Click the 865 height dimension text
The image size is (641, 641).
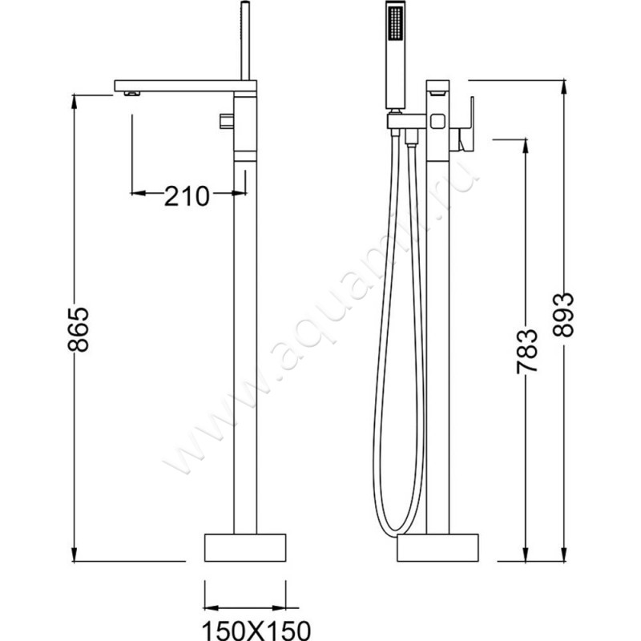coord(78,329)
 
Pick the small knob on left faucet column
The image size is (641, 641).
coord(226,122)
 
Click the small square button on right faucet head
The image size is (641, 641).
coord(437,123)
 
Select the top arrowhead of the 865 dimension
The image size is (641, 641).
coord(78,97)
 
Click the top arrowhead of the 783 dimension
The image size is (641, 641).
coord(526,143)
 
